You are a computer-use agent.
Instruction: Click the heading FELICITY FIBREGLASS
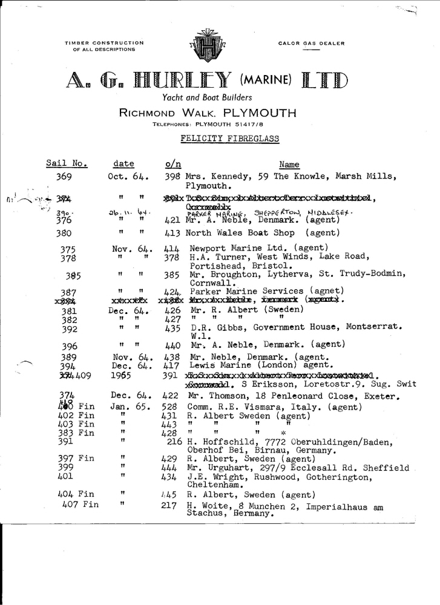coord(230,139)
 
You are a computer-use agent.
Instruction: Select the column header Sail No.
coord(67,164)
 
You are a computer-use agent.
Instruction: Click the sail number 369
coord(64,177)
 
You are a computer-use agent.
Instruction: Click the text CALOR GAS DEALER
coord(311,44)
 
